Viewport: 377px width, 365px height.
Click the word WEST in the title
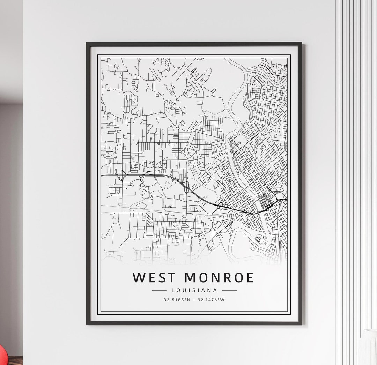coord(154,277)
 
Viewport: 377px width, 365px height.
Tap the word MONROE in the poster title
coord(219,277)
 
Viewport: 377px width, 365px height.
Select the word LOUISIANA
coord(194,290)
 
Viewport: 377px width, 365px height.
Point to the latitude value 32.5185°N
coord(177,300)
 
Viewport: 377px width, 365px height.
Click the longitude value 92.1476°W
coord(211,300)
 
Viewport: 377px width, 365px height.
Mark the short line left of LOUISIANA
coord(159,290)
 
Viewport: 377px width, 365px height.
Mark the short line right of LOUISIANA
coord(229,290)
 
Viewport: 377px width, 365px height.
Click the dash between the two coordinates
coord(194,300)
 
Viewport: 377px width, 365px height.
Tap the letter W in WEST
coord(139,277)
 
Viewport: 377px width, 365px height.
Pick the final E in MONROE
coord(250,277)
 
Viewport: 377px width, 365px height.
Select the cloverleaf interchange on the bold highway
coord(221,206)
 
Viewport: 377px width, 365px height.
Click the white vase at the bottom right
coord(369,347)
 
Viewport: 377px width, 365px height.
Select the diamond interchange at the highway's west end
coord(122,177)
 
